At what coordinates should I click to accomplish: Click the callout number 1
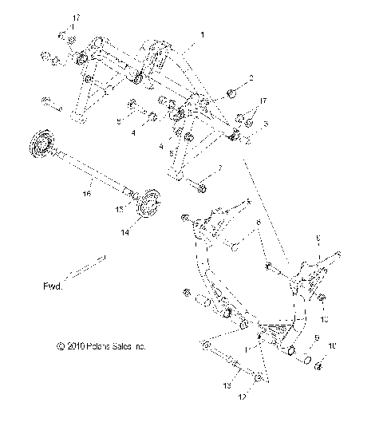click(x=203, y=35)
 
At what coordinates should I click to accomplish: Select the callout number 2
click(x=252, y=78)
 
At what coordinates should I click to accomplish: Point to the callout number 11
click(x=251, y=349)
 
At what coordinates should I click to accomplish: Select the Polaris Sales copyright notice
click(x=101, y=347)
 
